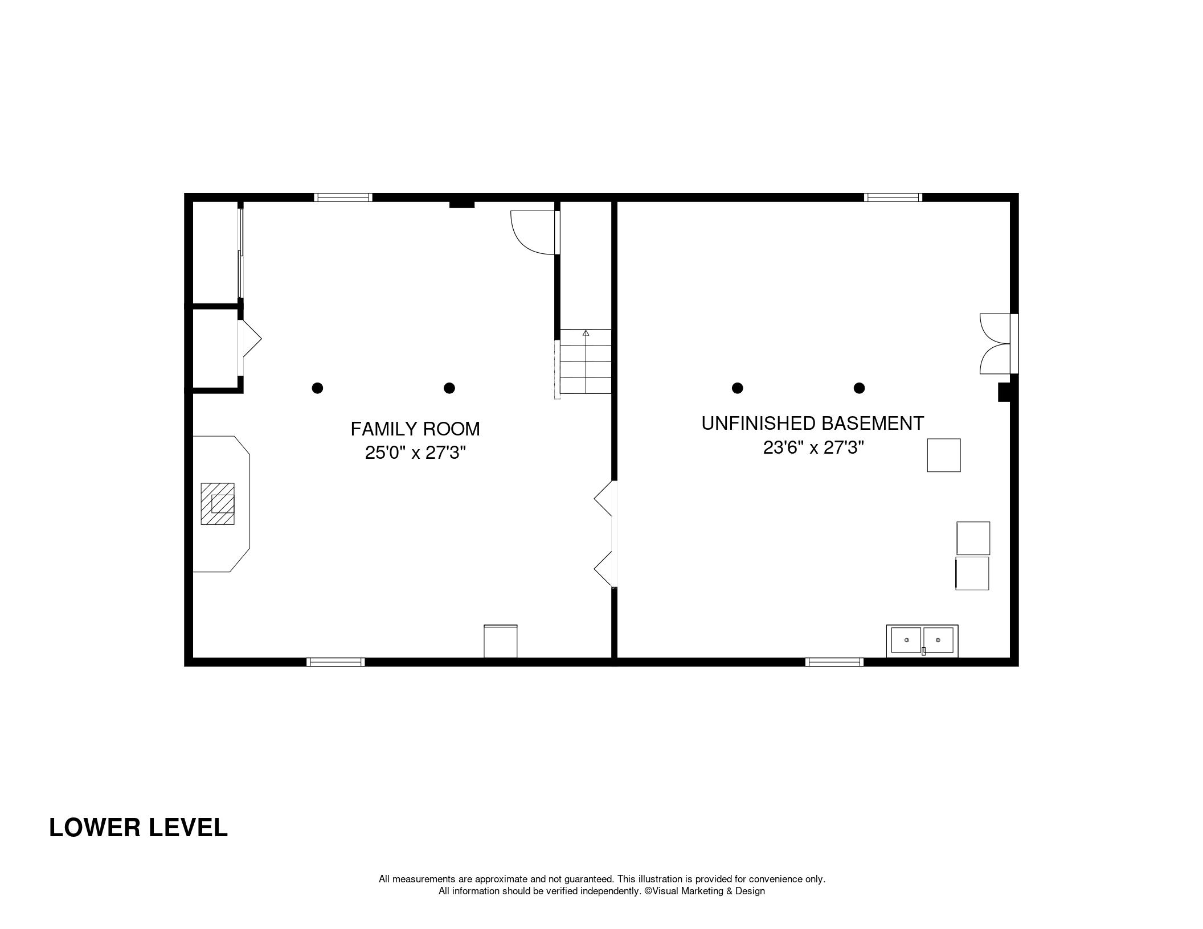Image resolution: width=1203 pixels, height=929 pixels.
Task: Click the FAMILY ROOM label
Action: [415, 429]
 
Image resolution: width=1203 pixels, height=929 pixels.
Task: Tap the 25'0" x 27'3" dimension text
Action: [415, 453]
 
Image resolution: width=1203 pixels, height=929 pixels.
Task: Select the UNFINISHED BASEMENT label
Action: [813, 424]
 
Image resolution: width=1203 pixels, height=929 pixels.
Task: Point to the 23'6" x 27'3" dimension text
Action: [813, 448]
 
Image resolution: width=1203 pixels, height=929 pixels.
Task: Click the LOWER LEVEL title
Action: [138, 828]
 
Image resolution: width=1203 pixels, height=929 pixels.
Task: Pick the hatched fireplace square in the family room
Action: [218, 504]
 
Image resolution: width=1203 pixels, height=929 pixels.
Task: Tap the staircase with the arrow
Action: [586, 361]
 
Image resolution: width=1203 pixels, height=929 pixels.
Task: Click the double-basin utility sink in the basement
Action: [922, 641]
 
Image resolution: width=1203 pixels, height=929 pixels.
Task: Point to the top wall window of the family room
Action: [343, 198]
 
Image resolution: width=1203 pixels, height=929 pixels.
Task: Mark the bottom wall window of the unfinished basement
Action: [834, 662]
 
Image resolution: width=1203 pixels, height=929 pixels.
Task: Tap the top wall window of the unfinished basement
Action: [893, 198]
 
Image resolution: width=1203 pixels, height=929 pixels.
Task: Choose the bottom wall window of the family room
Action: [335, 662]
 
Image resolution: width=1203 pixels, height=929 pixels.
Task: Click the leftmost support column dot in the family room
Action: [318, 388]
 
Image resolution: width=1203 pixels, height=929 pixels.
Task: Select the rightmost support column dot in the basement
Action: [860, 388]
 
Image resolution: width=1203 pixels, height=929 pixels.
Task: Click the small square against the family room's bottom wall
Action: [501, 641]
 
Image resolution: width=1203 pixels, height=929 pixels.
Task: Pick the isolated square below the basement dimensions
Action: [944, 455]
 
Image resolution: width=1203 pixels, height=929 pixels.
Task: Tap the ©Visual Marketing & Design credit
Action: [705, 891]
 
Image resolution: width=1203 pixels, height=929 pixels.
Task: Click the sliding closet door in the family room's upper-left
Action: [241, 253]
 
